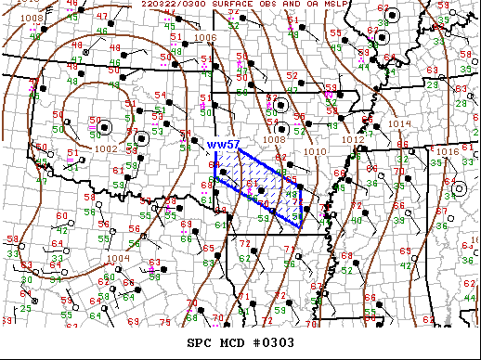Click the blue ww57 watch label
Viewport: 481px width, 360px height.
[224, 146]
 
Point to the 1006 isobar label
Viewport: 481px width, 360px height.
[206, 38]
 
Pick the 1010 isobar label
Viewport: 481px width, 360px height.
[315, 150]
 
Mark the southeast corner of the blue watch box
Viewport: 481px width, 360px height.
[300, 225]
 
